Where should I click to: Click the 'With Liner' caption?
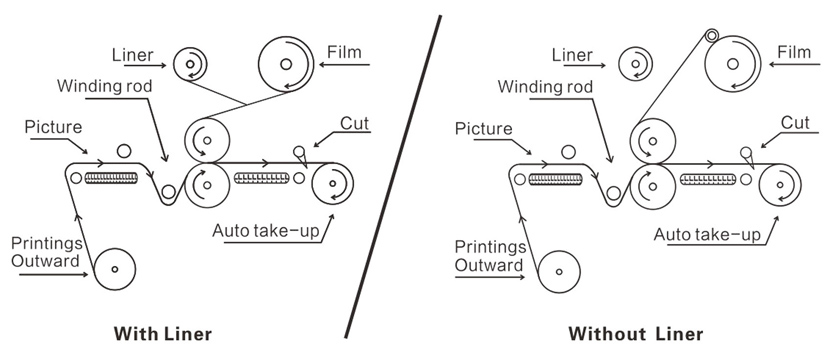(163, 334)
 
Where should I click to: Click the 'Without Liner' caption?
(636, 334)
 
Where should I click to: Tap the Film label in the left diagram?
(344, 52)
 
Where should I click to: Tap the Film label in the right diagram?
(794, 52)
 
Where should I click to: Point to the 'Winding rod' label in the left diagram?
(104, 86)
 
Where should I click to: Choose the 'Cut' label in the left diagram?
(354, 124)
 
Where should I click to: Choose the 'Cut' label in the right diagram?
(795, 123)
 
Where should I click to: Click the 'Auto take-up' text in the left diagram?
(266, 231)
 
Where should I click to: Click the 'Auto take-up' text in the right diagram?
(707, 233)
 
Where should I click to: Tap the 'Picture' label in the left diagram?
(54, 128)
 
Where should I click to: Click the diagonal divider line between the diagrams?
(393, 177)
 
